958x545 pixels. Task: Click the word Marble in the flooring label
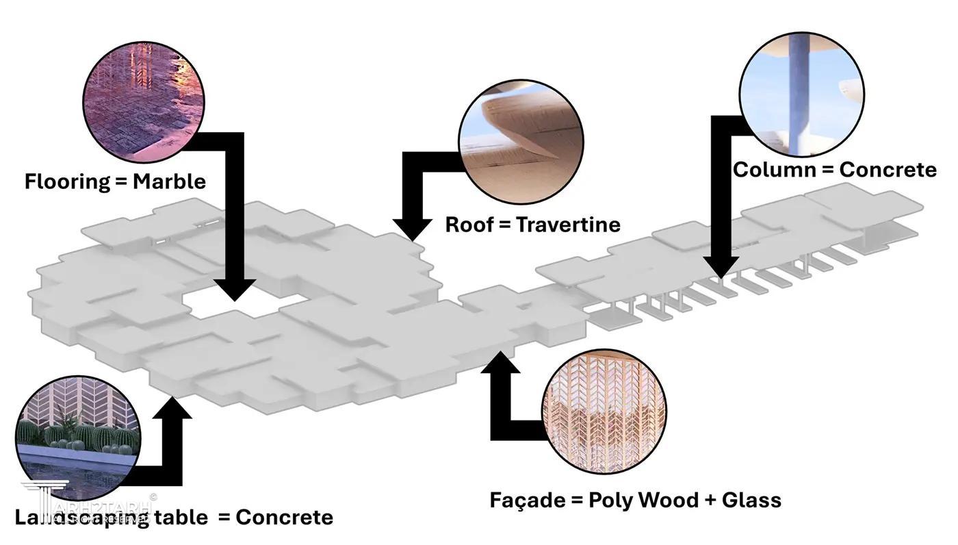(x=169, y=181)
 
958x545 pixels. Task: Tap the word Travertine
(x=568, y=225)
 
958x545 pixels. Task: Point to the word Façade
(x=527, y=500)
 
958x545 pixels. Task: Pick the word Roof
(x=469, y=225)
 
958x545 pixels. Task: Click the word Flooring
(x=67, y=181)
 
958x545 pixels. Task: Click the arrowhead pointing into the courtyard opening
(x=235, y=290)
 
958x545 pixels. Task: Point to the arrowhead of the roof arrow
(x=412, y=231)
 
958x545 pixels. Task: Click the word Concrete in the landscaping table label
(x=284, y=517)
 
